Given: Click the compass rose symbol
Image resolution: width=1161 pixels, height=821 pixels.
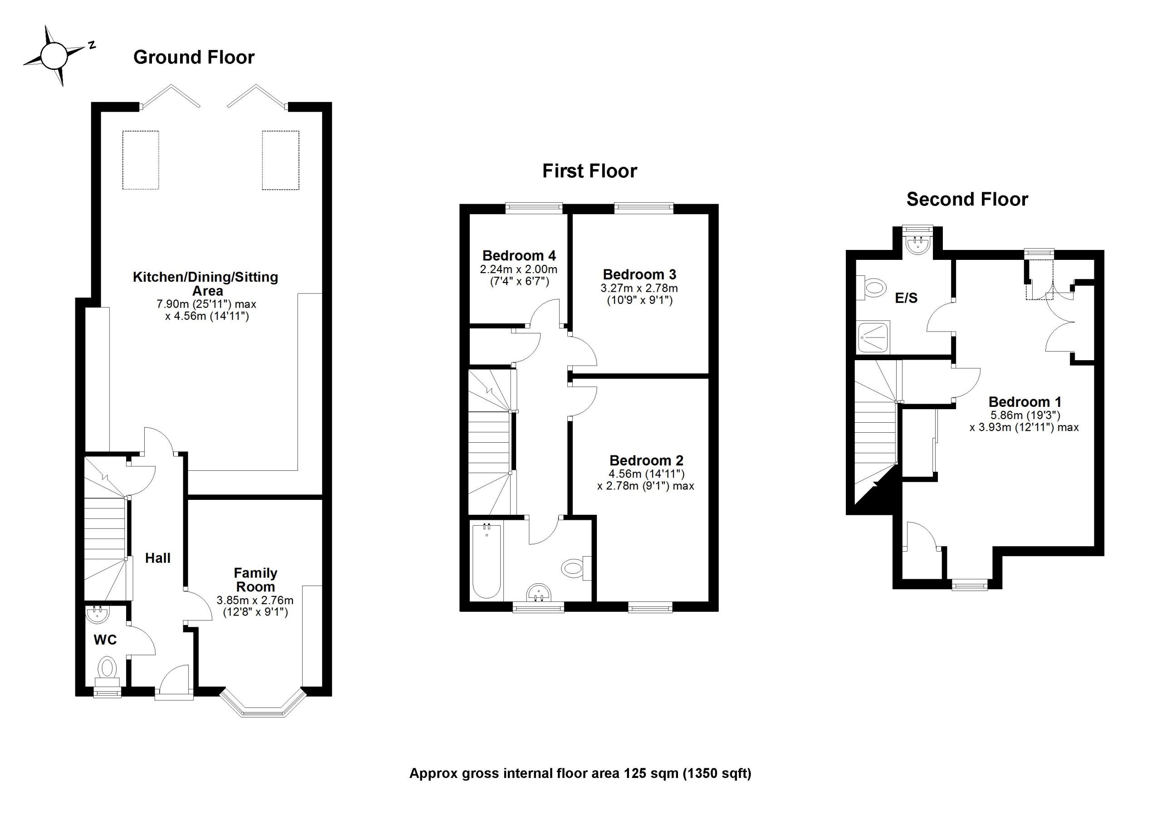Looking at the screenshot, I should (53, 56).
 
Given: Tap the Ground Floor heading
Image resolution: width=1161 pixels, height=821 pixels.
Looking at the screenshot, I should (194, 57).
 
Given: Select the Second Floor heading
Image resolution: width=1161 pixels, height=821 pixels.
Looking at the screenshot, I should (967, 199).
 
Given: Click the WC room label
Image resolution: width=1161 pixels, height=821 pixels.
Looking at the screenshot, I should (105, 640).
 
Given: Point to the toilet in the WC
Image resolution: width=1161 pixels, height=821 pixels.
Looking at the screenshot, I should (107, 668).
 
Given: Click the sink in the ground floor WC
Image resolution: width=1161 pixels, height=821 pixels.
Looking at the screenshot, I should (98, 615).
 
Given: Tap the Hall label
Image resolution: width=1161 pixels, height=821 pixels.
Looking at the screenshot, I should (158, 558).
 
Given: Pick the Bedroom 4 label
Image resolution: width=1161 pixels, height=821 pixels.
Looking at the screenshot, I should (519, 255).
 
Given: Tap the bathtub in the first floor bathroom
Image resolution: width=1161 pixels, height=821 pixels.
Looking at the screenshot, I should (487, 562).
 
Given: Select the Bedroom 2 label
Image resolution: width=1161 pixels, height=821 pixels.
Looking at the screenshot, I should (646, 460).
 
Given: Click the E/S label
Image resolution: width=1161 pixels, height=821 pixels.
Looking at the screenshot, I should (906, 298).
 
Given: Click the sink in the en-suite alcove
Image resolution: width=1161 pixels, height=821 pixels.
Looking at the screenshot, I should (918, 246).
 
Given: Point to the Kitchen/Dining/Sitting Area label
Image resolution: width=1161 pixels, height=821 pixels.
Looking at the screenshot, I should (206, 284).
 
